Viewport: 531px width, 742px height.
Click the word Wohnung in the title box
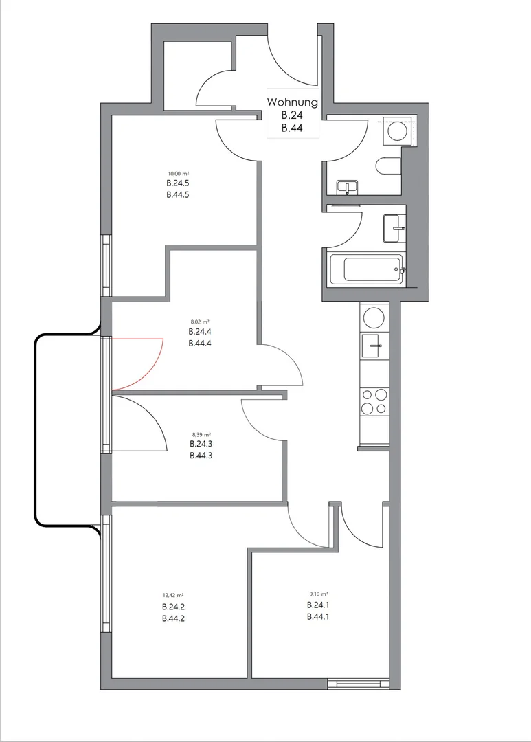click(x=292, y=102)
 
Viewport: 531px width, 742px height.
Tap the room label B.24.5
click(x=178, y=183)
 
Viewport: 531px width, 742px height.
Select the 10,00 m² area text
click(x=179, y=174)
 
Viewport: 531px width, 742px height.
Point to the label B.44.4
click(x=199, y=344)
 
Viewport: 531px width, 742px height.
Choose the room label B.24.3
click(x=201, y=444)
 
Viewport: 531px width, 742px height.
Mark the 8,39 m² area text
click(x=201, y=434)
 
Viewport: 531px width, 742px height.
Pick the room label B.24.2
click(x=173, y=607)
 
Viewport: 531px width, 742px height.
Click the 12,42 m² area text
click(x=173, y=596)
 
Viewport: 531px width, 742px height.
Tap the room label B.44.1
click(x=318, y=616)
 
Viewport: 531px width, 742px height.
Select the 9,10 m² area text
click(x=318, y=594)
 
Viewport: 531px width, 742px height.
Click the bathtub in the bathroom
click(x=373, y=269)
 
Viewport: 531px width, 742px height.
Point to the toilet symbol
click(x=388, y=166)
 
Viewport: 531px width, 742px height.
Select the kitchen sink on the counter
click(x=374, y=346)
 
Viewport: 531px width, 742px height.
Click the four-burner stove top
click(x=374, y=402)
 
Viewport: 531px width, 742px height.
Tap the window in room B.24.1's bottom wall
click(x=359, y=684)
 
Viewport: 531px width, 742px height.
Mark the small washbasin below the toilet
click(x=348, y=188)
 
